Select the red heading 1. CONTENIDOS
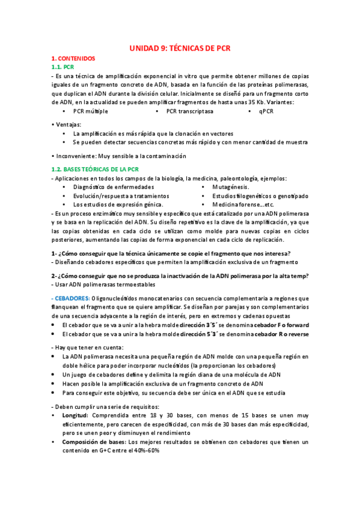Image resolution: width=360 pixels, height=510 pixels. click(73, 59)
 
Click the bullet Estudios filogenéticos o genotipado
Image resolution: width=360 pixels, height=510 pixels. click(256, 196)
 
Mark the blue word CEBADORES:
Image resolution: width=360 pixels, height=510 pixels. click(71, 298)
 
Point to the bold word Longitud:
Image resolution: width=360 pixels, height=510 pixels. click(75, 416)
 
